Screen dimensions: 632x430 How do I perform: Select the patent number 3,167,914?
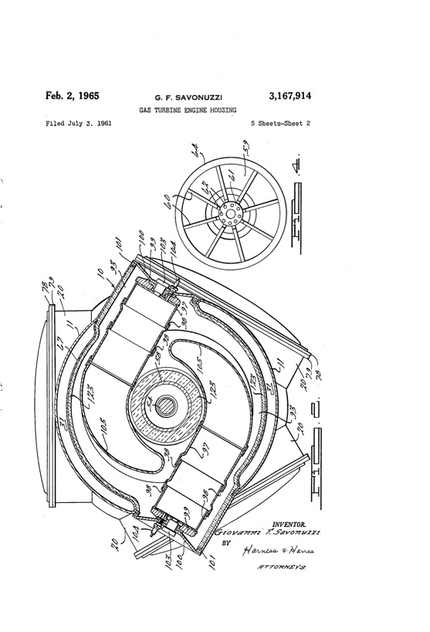coord(289,97)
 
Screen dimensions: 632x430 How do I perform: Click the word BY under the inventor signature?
coord(227,543)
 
